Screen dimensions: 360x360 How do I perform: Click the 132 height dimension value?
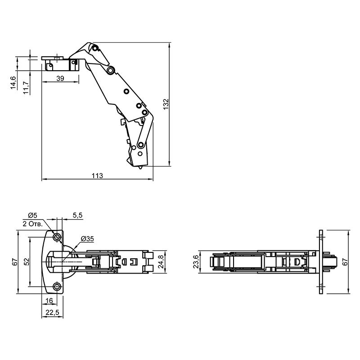coord(166,104)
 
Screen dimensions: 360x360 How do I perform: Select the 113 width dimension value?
coord(97,175)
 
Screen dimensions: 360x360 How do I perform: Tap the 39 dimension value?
coord(60,78)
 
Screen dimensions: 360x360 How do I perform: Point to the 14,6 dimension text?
coord(13,83)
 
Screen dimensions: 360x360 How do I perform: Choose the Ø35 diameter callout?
coord(87,239)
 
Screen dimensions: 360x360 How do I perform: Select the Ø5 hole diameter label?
coord(32,216)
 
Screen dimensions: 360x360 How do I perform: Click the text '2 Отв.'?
coord(32,224)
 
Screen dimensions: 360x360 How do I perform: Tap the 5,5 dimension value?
coord(77,216)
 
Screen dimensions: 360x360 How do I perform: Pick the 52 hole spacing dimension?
coord(27,262)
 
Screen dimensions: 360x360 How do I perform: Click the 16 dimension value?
coord(49,301)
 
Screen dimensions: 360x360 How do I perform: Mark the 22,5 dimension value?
coord(52,312)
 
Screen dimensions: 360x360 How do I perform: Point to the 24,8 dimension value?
coord(161,262)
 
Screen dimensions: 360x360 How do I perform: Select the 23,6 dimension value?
coord(196,262)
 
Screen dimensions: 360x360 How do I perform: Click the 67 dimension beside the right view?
coord(345,262)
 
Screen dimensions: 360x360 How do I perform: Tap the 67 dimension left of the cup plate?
coord(15,262)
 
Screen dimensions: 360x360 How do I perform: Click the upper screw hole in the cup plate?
coord(57,237)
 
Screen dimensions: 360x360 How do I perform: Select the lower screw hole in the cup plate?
coord(57,287)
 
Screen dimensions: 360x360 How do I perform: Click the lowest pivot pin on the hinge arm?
coord(140,145)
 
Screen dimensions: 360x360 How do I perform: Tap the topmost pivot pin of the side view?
coord(94,48)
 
